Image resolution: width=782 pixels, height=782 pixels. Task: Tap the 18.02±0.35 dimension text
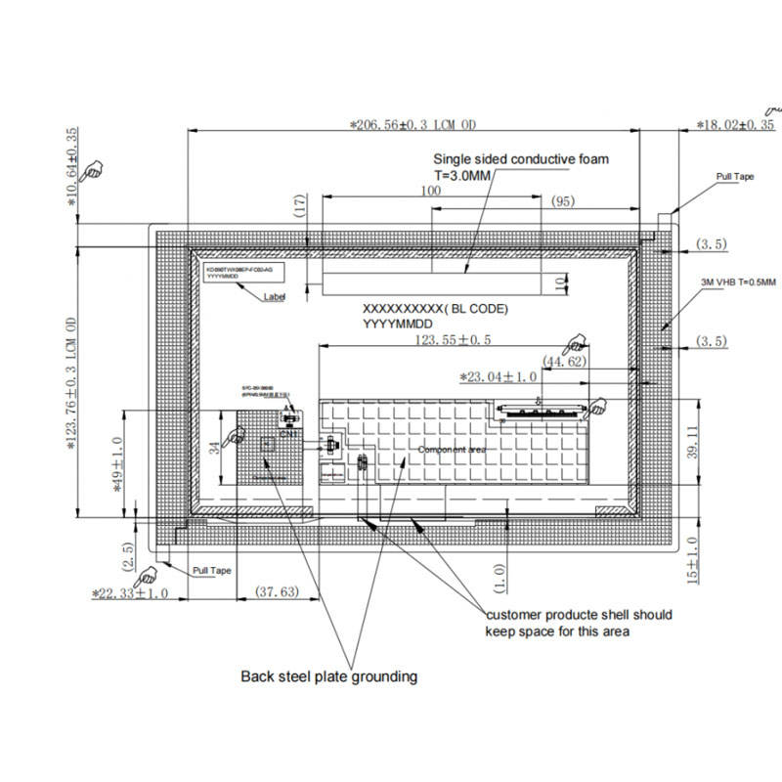pos(735,125)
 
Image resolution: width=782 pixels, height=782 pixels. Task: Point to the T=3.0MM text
pos(461,175)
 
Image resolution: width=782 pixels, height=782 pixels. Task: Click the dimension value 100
pos(431,192)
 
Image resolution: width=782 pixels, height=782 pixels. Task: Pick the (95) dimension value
pos(562,201)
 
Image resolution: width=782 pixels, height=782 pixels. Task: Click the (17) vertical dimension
pos(300,205)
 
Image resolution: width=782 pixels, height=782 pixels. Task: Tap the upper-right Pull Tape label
pos(735,177)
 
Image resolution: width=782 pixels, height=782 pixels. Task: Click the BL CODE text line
pos(436,309)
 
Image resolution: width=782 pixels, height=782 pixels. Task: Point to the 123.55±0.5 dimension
pos(453,339)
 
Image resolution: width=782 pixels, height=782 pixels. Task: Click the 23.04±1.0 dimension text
pos(499,376)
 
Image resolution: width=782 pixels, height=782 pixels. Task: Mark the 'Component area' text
pos(452,450)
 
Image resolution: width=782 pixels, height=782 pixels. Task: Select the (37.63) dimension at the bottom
pos(277,591)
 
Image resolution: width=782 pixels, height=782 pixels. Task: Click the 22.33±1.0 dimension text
pos(130,592)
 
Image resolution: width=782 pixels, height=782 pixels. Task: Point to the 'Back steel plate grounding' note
pos(329,675)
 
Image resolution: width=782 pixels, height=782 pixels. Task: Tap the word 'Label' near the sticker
pos(275,297)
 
